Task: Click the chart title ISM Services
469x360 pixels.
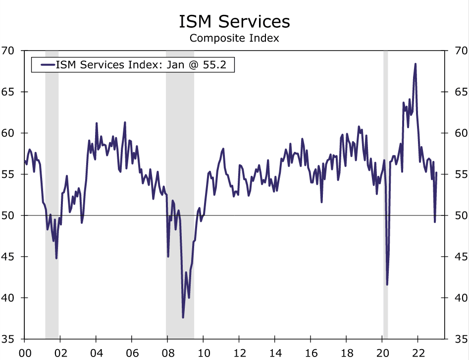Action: coord(234,21)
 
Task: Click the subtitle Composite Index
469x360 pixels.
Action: coord(234,38)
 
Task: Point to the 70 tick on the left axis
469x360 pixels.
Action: coord(9,51)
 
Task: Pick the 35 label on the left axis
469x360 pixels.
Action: coord(9,339)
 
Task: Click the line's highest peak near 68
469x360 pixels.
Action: coord(415,64)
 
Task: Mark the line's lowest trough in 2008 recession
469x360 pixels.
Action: coord(183,317)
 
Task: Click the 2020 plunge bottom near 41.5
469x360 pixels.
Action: coord(387,284)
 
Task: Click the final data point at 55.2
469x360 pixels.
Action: coord(436,172)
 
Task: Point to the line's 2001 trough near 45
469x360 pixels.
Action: coord(56,257)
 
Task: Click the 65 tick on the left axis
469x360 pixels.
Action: coord(9,92)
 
